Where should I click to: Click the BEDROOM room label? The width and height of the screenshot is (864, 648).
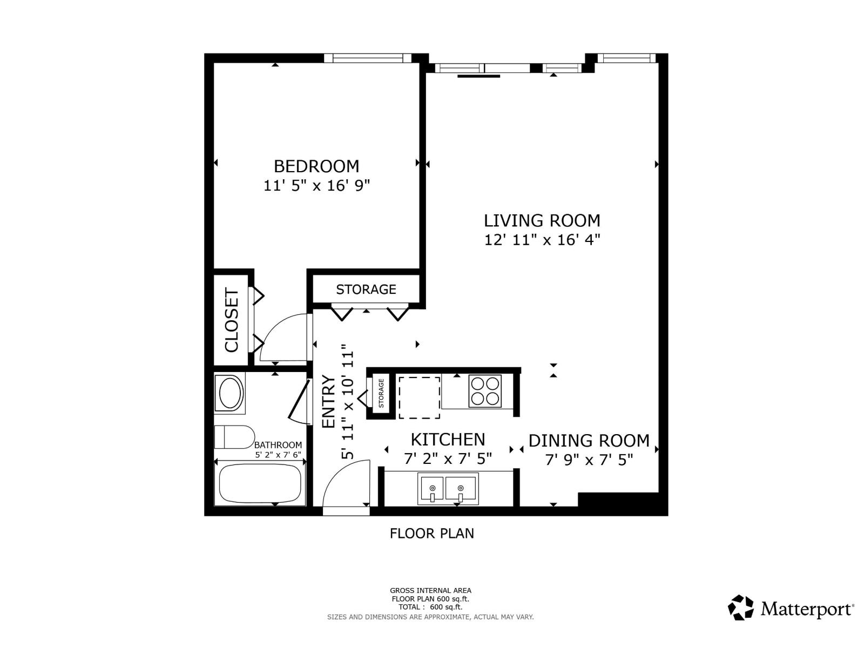(316, 166)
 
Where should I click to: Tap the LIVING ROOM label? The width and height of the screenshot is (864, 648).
(542, 220)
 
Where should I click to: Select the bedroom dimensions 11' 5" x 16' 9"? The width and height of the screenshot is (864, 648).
(316, 185)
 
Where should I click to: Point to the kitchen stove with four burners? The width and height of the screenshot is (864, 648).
(485, 391)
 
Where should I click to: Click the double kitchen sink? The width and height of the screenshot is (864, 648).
(449, 489)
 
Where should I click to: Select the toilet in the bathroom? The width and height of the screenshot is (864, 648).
(234, 437)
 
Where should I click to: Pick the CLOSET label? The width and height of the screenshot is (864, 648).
(232, 320)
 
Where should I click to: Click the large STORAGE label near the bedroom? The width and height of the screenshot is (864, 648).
(366, 289)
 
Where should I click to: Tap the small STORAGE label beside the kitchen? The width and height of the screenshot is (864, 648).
(381, 393)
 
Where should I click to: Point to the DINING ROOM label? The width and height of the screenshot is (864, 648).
(589, 441)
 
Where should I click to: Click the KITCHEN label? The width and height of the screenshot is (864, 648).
(448, 440)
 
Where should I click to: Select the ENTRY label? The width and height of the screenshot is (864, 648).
(328, 401)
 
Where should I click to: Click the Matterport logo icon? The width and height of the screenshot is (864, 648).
(741, 608)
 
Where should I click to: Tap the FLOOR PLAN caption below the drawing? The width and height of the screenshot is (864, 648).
(432, 534)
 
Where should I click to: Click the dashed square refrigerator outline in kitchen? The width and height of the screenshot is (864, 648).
(420, 397)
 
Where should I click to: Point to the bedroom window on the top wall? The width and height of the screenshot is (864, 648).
(368, 58)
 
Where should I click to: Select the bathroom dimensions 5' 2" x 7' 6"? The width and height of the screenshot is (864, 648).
(278, 455)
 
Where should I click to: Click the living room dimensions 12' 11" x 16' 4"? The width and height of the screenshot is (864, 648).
(542, 240)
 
